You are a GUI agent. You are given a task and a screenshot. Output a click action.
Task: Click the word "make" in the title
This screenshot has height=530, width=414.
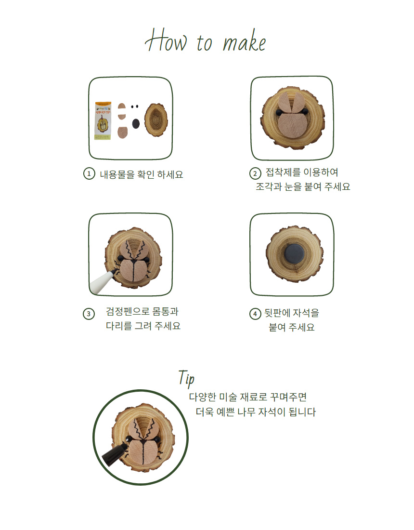[244, 41]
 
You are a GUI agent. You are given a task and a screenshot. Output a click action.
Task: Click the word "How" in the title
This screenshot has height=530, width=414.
[166, 40]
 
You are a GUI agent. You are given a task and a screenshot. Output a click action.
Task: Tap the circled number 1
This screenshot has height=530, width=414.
[89, 174]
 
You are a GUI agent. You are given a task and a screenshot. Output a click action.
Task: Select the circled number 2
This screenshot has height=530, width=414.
[255, 173]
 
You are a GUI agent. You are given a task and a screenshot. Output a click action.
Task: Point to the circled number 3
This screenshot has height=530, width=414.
[89, 314]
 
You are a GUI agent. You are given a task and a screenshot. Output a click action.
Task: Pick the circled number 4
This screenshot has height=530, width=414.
[255, 314]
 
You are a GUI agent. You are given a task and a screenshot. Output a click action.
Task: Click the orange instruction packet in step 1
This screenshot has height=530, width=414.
[103, 120]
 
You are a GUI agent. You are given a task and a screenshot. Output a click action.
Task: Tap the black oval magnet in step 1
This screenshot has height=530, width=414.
[136, 123]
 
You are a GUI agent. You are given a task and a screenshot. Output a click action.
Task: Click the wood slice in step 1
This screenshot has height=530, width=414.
[156, 119]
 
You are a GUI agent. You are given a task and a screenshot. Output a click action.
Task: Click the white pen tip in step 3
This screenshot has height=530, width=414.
[102, 281]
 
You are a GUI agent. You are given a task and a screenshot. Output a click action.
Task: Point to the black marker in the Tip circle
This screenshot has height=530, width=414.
[115, 455]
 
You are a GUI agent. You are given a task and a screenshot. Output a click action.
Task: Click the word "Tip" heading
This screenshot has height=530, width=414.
[187, 378]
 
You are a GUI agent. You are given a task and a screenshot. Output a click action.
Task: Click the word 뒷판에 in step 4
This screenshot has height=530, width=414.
[278, 313]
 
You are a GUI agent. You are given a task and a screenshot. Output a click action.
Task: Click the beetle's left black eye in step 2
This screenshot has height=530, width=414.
[279, 112]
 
